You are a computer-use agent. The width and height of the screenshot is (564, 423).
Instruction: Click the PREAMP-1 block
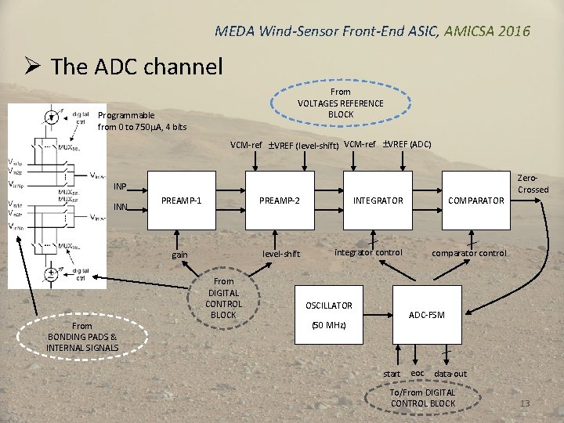point(181,201)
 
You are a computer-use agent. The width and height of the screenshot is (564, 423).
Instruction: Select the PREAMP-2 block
point(280,201)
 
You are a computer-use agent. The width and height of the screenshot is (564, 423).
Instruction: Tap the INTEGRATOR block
point(378,201)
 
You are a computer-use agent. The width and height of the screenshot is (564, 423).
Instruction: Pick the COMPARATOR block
point(475,201)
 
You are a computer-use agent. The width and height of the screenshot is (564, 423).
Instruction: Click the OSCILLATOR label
point(328,305)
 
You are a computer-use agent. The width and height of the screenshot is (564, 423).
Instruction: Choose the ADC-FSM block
point(426,315)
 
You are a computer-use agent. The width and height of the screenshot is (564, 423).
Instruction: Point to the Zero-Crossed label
point(533,184)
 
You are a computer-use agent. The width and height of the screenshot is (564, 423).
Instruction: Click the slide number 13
point(525,404)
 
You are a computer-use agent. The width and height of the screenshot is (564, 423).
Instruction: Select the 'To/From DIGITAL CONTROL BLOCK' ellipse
point(422,398)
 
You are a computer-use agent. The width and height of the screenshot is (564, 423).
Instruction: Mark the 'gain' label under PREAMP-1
point(179,255)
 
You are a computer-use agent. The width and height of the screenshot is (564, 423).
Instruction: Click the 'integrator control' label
point(368,252)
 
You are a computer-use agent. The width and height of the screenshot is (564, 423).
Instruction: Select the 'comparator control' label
point(469,253)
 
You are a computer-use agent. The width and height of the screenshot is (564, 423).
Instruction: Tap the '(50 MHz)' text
point(328,324)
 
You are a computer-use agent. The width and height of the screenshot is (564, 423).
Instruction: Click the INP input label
point(120,186)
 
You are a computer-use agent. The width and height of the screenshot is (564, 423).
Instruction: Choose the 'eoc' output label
point(418,373)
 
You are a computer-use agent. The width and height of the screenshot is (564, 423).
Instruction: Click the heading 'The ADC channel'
point(136,67)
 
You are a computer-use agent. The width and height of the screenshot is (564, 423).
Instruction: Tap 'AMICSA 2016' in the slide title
point(486,31)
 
